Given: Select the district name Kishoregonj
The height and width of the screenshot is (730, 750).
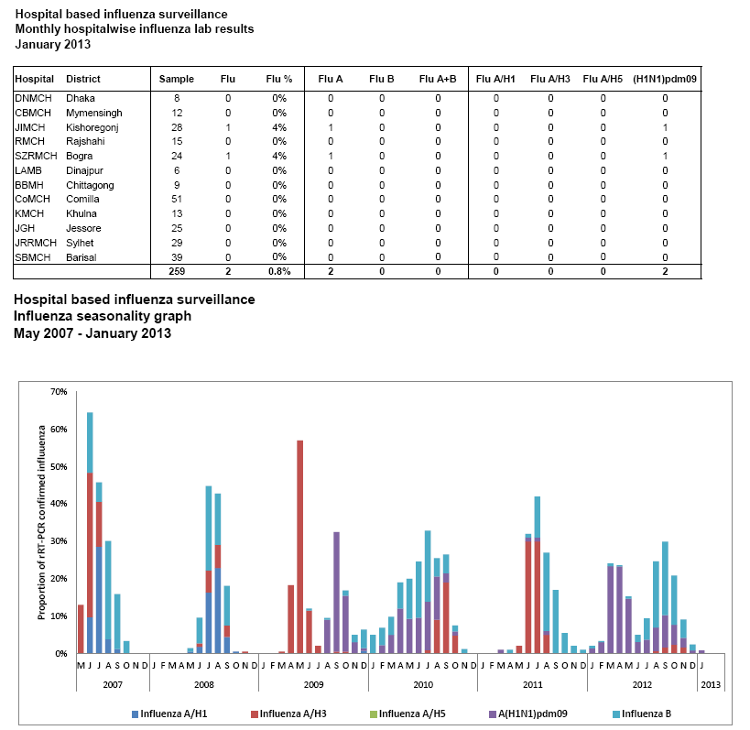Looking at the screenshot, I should tap(92, 126).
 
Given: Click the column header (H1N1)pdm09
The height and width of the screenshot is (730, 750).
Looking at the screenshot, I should tap(665, 80).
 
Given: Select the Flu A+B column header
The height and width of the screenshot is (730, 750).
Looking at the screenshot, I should tap(438, 80).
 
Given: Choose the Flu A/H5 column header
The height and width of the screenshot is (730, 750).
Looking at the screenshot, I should tap(603, 80).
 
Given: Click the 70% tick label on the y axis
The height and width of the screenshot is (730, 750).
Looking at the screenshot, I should tap(59, 392).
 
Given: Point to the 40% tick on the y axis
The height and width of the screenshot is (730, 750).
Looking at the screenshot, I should tap(59, 504).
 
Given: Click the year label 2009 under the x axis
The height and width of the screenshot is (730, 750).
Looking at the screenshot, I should tap(313, 683).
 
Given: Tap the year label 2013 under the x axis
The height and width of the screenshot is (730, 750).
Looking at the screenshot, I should tap(710, 683).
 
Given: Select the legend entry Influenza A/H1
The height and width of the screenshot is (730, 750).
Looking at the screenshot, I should tap(175, 713).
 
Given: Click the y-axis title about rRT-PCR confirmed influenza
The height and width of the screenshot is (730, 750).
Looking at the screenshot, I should tap(42, 523).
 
